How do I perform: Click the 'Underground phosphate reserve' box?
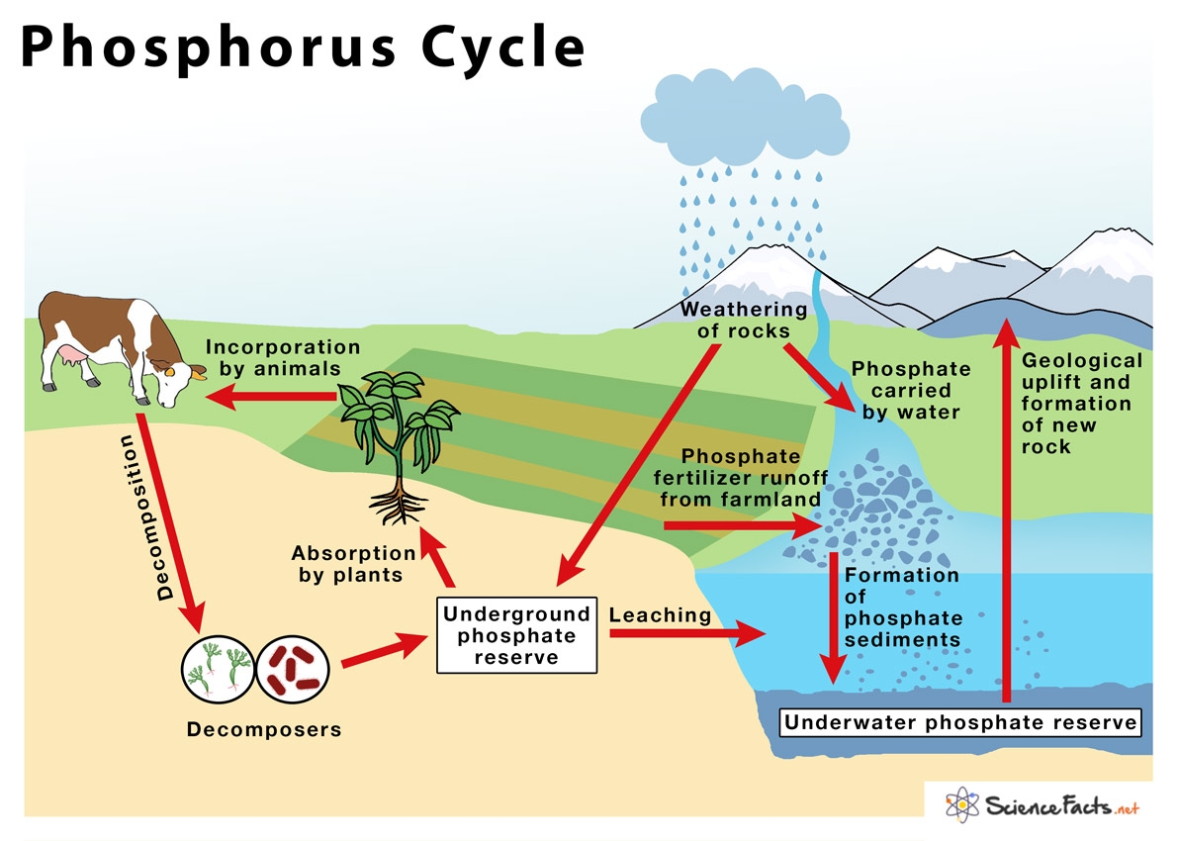click(516, 636)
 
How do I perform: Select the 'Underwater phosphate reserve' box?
click(960, 722)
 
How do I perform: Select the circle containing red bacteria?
click(292, 670)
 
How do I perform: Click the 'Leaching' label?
click(660, 615)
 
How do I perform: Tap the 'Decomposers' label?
click(263, 730)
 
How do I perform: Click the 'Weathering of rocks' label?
click(744, 320)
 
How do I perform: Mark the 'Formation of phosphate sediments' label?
click(901, 607)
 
